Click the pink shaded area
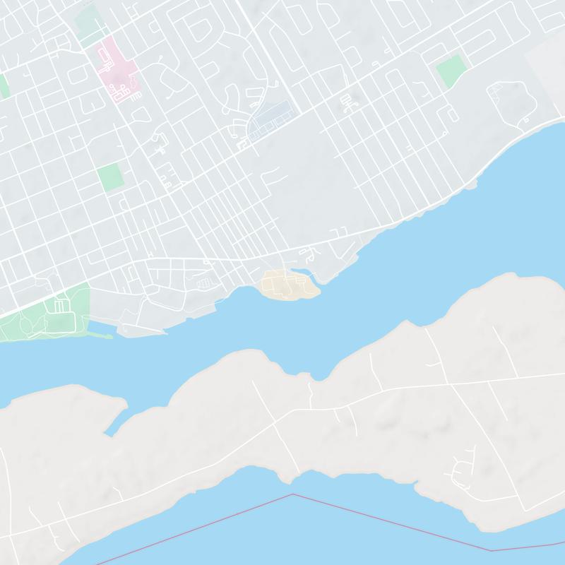pos(117,71)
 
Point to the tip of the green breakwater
pos(111,336)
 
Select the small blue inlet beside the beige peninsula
pos(304,272)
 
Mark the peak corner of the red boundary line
pos(292,494)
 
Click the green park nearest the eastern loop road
pos(451,71)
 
